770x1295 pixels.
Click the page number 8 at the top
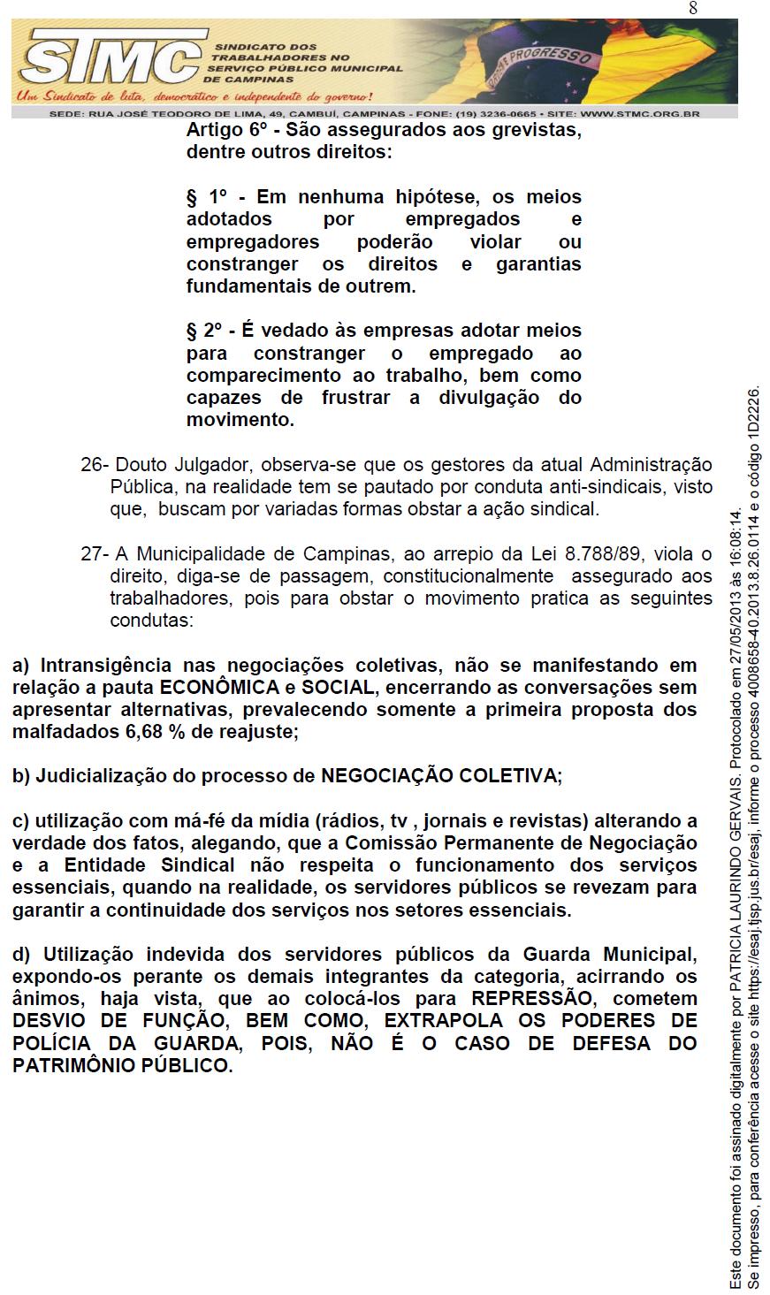[x=693, y=8]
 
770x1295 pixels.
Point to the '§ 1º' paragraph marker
[x=208, y=197]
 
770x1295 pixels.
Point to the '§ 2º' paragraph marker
[x=208, y=331]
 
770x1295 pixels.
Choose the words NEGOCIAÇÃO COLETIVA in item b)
[x=439, y=776]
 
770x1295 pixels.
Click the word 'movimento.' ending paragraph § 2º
[x=240, y=420]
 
